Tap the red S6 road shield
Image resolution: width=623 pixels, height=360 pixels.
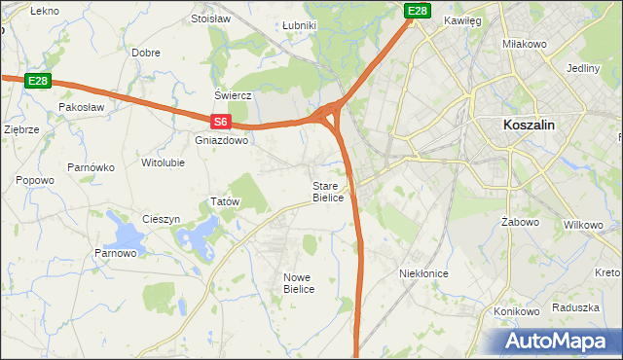221,122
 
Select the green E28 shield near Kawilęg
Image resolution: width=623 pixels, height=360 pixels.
418,11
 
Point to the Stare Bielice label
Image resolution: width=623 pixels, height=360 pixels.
327,192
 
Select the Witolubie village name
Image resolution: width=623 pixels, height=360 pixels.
163,162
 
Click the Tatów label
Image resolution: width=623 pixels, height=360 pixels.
225,201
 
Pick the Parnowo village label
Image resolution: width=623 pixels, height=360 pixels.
116,254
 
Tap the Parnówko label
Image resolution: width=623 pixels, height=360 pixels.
92,167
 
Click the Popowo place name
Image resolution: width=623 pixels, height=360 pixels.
35,180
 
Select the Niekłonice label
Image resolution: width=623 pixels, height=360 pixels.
423,273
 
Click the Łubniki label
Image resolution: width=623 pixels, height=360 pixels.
298,25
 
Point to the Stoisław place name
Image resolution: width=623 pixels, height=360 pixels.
209,18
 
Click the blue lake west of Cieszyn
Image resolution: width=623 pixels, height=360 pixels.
127,234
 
